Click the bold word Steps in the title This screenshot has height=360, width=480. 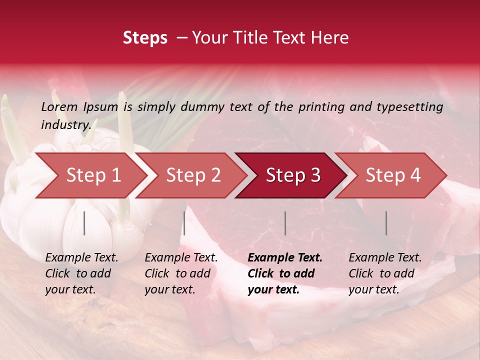tap(145, 38)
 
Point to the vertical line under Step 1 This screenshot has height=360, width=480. tap(84, 223)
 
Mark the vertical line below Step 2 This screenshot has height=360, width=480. tap(184, 223)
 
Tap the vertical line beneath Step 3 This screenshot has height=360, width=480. tap(285, 223)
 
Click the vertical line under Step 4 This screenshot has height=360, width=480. tap(386, 223)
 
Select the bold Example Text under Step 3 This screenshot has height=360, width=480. tap(285, 273)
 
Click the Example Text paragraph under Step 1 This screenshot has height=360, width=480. tap(81, 273)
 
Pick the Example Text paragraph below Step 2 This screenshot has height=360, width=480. tap(181, 273)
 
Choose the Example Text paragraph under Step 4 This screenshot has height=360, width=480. tap(385, 273)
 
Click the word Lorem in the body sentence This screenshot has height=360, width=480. tap(59, 106)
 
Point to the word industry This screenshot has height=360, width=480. tap(65, 124)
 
